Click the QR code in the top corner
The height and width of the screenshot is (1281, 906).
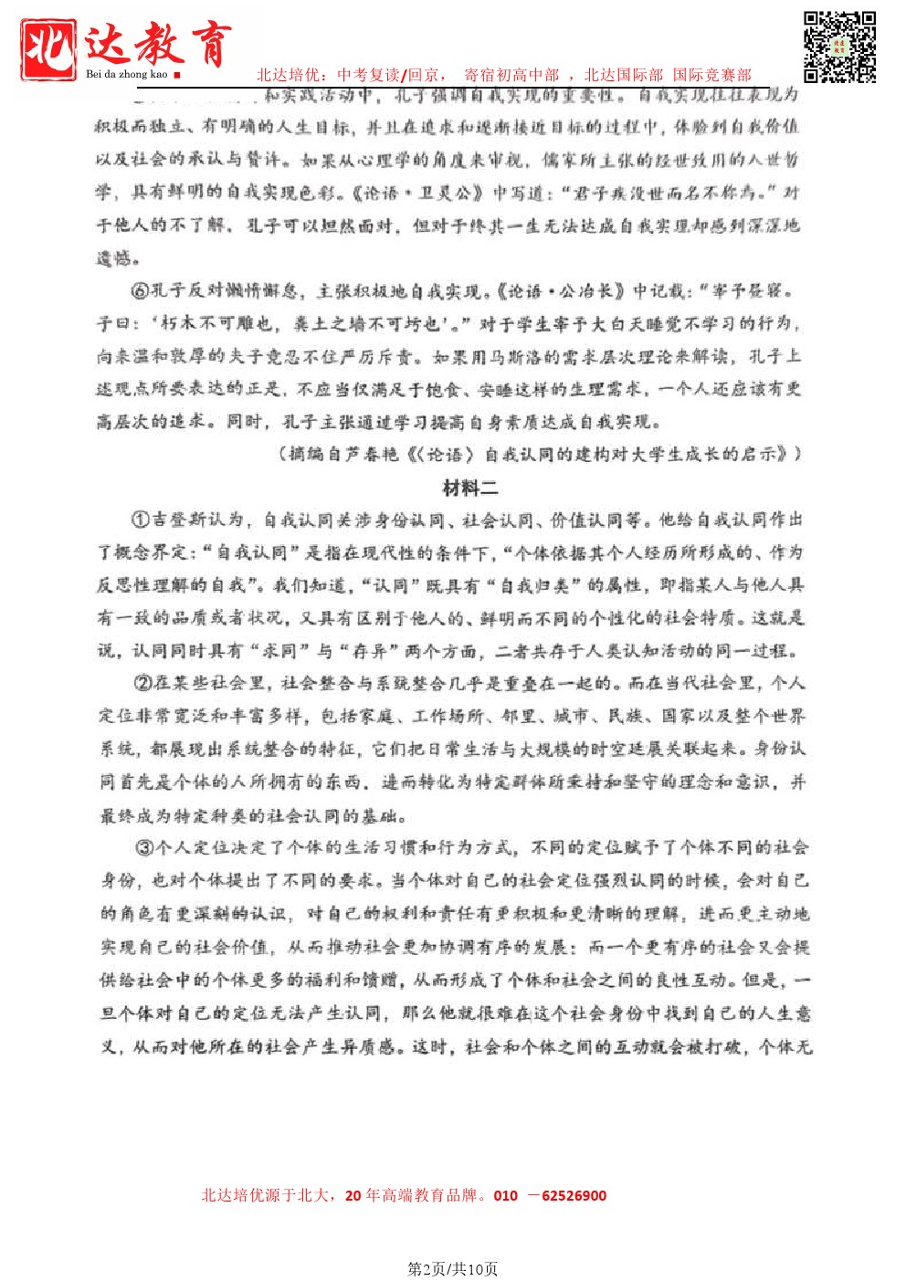point(839,47)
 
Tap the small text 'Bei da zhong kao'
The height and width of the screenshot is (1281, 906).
point(127,74)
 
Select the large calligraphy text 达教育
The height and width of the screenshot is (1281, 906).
point(157,43)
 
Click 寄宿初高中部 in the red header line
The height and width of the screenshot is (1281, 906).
point(511,75)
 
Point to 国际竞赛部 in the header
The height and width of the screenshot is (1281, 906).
point(712,75)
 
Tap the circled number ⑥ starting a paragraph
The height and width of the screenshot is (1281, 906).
point(140,291)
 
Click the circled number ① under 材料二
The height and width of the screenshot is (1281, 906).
point(141,520)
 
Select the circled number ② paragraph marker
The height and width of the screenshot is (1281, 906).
point(142,683)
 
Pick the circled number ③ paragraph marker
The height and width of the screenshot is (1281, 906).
point(144,847)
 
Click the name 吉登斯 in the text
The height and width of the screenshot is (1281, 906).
point(179,520)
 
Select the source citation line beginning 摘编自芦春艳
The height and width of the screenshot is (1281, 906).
point(539,454)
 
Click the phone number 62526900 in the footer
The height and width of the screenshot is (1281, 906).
point(574,1195)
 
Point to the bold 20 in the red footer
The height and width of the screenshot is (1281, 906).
point(353,1195)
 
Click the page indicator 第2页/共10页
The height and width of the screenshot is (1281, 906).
point(453,1268)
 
